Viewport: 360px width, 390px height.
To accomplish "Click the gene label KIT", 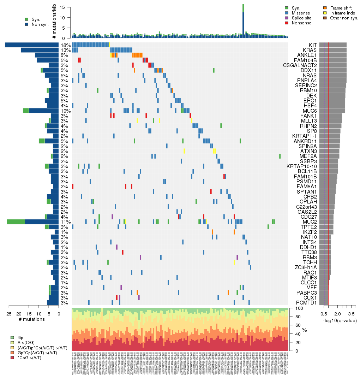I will pyautogui.click(x=312, y=45).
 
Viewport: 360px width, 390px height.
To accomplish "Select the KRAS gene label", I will pyautogui.click(x=310, y=50).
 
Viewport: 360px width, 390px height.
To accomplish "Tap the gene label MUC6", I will pyautogui.click(x=310, y=111).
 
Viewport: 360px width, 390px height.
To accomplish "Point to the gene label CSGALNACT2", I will pyautogui.click(x=300, y=65).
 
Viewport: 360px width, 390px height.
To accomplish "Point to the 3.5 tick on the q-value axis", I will pyautogui.click(x=351, y=313).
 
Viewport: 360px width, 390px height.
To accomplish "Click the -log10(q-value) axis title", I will pyautogui.click(x=340, y=320).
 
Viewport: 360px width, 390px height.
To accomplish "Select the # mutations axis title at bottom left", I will pyautogui.click(x=32, y=319).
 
